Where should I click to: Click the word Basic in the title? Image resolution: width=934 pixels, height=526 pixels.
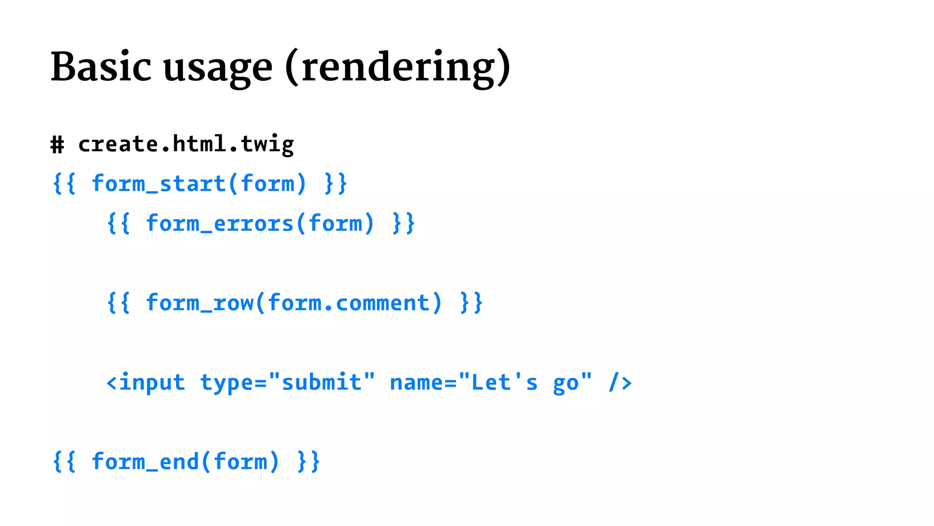click(x=101, y=67)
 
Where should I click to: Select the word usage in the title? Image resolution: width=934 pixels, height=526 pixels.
click(x=218, y=68)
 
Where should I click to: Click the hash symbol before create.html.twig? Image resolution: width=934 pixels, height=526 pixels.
click(x=57, y=145)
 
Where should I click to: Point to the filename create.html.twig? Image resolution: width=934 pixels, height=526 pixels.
click(x=186, y=145)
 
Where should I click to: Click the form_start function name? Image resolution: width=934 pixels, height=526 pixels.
click(x=159, y=184)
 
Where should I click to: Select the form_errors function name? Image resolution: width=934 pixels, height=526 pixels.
click(x=219, y=224)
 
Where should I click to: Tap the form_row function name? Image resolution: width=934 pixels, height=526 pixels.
click(x=200, y=303)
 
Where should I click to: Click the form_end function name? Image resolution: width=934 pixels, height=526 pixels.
click(x=145, y=462)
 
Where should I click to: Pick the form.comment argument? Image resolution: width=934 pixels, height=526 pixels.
click(x=349, y=303)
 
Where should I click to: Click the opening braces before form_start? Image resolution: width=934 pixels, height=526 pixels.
click(x=64, y=184)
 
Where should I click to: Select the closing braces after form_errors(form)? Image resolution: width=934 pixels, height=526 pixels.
click(x=403, y=224)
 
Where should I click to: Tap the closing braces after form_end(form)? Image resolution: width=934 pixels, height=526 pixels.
click(x=308, y=462)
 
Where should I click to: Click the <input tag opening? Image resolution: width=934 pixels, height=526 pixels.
click(x=145, y=383)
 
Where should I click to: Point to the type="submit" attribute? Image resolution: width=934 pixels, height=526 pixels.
click(x=287, y=383)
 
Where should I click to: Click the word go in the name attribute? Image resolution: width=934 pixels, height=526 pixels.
click(x=566, y=384)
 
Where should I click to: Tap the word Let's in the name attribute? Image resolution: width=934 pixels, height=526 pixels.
click(x=504, y=383)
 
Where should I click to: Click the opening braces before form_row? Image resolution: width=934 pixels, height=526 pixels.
click(x=119, y=303)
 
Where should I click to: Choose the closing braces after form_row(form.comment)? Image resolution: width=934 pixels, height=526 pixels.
click(x=471, y=303)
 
